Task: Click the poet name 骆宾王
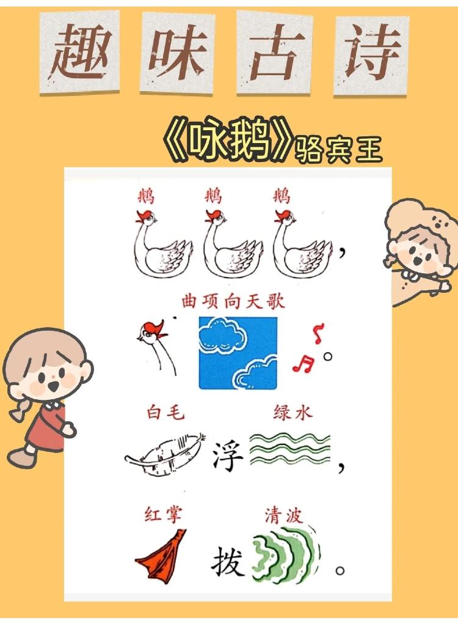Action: [338, 149]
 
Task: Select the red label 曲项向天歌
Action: [233, 301]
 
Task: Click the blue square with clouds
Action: [238, 353]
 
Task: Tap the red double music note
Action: [302, 365]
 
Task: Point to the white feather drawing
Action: [164, 457]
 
